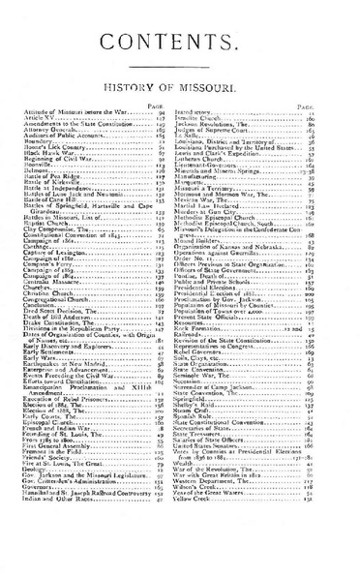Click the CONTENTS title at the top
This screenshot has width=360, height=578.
pos(179,43)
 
